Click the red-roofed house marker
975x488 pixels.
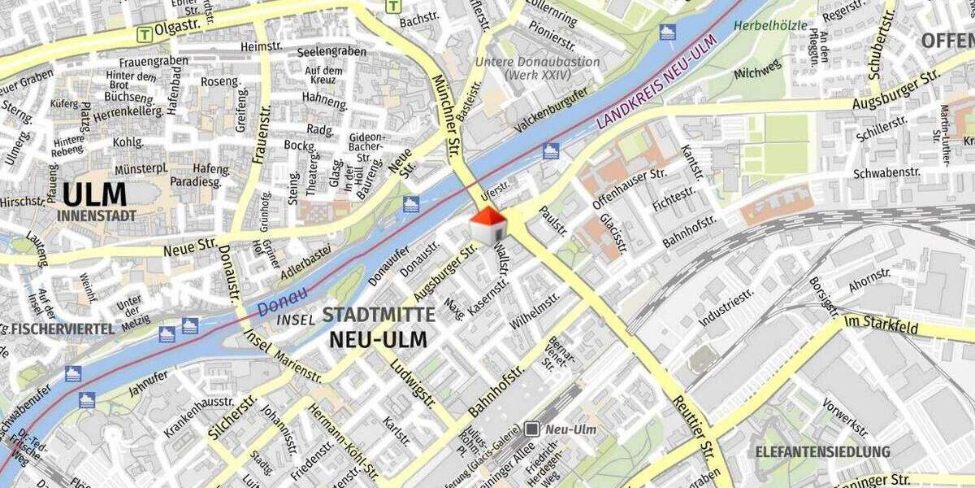487,224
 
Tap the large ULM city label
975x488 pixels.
95,195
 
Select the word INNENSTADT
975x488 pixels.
97,216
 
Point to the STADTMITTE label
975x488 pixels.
379,316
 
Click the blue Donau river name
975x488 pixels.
283,303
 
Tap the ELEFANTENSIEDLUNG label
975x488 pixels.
822,451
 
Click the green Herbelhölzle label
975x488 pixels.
770,25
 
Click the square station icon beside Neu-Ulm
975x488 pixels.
532,428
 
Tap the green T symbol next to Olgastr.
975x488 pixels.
145,34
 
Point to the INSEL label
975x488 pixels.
296,320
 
